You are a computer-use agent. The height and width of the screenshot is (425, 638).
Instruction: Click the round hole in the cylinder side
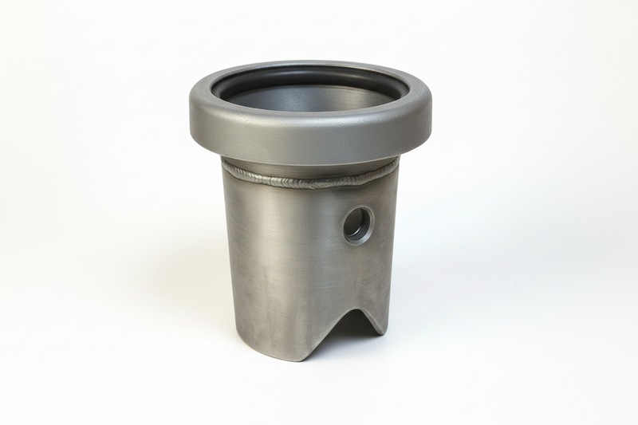[x=357, y=226]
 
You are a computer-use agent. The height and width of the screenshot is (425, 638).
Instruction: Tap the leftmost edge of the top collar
[x=190, y=116]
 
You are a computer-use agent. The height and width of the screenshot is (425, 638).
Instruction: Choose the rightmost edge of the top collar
[x=431, y=112]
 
